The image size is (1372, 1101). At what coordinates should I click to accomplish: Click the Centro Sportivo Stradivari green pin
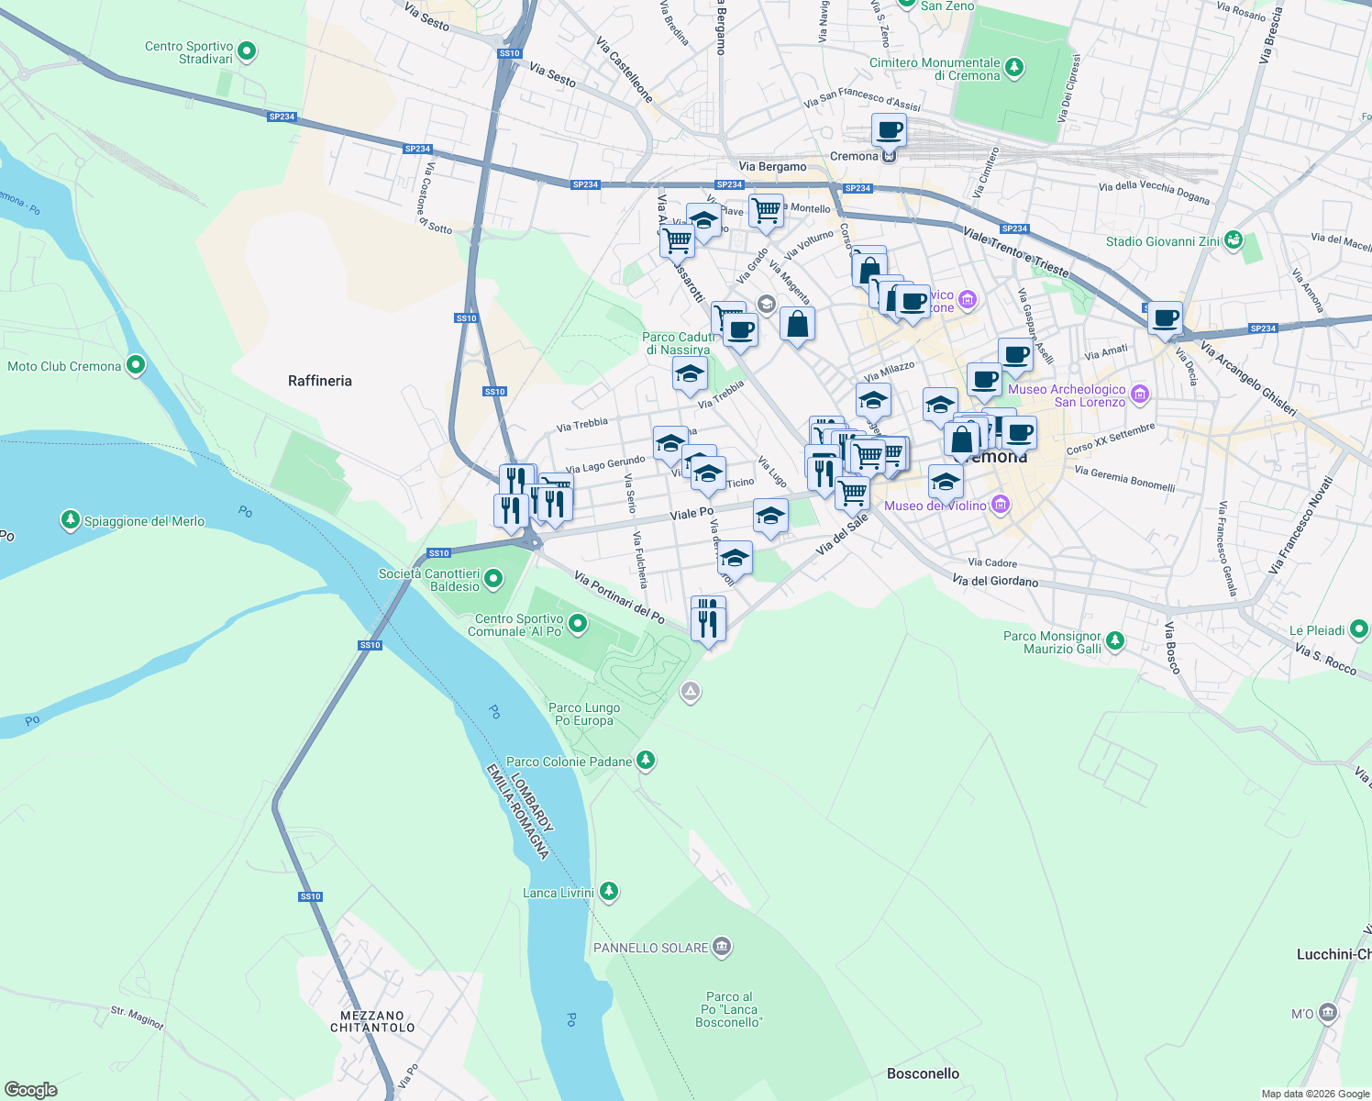tap(247, 52)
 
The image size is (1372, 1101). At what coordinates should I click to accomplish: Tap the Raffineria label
tap(319, 381)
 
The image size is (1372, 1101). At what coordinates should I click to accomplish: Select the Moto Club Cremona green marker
tap(136, 366)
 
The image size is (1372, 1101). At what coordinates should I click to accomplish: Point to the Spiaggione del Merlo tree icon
tap(71, 520)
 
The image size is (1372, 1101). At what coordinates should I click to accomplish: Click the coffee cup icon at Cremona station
tap(888, 130)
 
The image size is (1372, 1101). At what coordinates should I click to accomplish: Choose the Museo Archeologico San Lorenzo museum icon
tap(1140, 395)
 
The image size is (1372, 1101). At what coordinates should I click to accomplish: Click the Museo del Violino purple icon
tap(1001, 505)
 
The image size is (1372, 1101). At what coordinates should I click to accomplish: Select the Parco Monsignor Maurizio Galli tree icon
tap(1114, 641)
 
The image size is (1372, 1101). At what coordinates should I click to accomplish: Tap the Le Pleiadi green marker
tap(1359, 629)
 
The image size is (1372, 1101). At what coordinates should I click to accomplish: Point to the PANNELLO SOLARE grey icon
tap(722, 947)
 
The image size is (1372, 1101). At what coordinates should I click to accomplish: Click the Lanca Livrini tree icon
tap(608, 892)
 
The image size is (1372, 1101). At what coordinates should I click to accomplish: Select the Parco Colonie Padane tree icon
tap(646, 761)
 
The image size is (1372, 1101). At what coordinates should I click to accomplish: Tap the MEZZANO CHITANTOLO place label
tap(372, 1021)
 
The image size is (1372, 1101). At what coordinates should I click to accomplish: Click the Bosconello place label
tap(923, 1073)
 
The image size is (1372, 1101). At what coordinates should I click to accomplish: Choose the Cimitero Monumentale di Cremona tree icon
tap(1013, 68)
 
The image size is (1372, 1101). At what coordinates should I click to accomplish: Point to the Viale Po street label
tap(692, 513)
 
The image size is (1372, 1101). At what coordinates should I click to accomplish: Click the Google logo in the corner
tap(30, 1090)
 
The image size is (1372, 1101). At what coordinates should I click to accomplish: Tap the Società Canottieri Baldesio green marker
tap(493, 579)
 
